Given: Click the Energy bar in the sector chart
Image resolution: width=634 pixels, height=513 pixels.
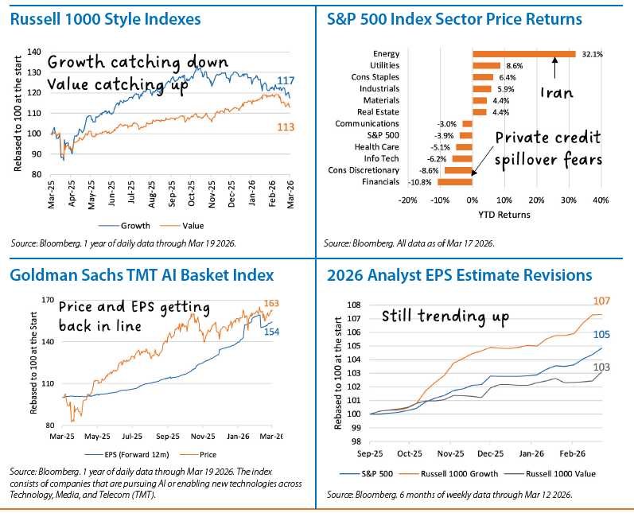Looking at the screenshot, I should point(523,54).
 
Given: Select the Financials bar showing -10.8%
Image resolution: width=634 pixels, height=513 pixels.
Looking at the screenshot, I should point(454,181).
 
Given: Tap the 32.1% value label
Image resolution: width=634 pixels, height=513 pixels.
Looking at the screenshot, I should point(592,54).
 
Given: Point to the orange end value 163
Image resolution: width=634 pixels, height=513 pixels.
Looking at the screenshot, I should point(271,302).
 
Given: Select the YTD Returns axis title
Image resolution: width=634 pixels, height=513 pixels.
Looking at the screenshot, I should point(504,214).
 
